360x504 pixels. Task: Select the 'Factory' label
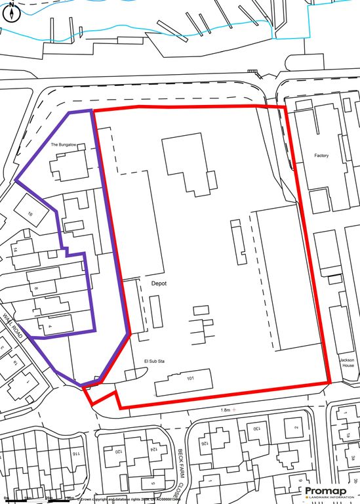pyautogui.click(x=321, y=156)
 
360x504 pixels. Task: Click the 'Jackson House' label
pyautogui.click(x=347, y=362)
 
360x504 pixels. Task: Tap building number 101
pyautogui.click(x=191, y=379)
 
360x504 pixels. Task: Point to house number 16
pyautogui.click(x=30, y=214)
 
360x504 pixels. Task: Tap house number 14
pyautogui.click(x=14, y=250)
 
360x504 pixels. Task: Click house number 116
pyautogui.click(x=76, y=453)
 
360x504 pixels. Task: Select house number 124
pyautogui.click(x=152, y=450)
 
